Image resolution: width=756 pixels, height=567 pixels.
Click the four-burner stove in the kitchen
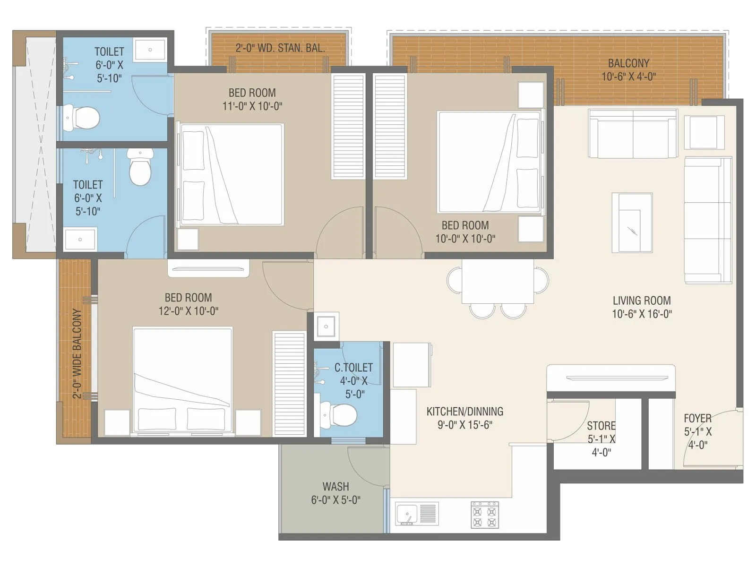(x=485, y=515)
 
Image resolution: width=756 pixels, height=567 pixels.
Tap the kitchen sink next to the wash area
(x=407, y=514)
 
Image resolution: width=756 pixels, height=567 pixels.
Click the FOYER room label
(x=697, y=418)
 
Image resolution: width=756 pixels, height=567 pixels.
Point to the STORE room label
(x=601, y=425)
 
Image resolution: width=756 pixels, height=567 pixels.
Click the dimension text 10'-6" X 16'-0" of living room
(x=642, y=314)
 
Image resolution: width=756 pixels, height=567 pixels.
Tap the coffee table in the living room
(x=632, y=223)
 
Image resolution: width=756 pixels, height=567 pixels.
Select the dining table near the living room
(x=498, y=281)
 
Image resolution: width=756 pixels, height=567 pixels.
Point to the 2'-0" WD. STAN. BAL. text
(x=280, y=48)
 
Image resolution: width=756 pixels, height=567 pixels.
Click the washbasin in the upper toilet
(x=150, y=50)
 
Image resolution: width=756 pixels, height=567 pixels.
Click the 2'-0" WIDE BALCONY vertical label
(x=77, y=353)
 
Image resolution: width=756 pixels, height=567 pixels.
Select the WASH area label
(x=335, y=486)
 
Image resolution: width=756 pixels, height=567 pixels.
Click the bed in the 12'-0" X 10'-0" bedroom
(x=183, y=379)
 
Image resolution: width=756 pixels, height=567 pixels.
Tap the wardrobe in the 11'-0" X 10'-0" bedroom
(x=348, y=126)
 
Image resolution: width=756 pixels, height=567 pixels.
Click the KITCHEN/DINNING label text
(x=464, y=412)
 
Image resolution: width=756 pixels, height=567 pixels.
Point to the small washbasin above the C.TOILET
(x=326, y=326)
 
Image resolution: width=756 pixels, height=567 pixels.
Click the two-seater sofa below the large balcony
(x=633, y=133)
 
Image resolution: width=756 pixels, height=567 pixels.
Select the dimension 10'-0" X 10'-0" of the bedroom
(x=465, y=239)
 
